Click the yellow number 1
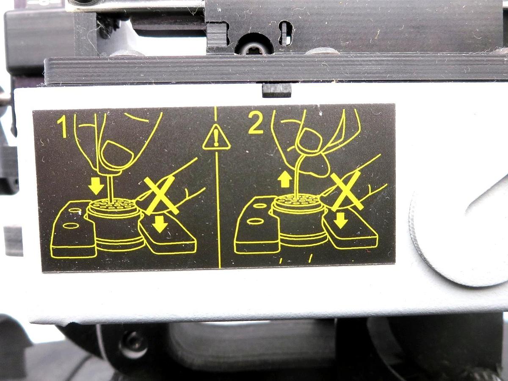[62, 128]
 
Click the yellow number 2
[256, 124]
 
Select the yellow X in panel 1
[160, 195]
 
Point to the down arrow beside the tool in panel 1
[97, 185]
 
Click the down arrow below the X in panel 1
[160, 224]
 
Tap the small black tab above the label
[277, 90]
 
